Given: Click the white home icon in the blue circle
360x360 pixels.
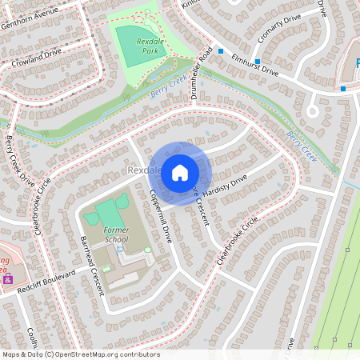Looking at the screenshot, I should click(180, 172).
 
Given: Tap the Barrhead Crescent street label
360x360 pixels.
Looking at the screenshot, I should click(92, 264).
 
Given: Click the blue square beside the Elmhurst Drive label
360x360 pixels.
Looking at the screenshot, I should click(258, 61).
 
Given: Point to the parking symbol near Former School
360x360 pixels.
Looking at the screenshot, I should click(120, 250).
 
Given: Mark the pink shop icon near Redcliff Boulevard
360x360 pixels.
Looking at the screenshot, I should click(8, 280).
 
